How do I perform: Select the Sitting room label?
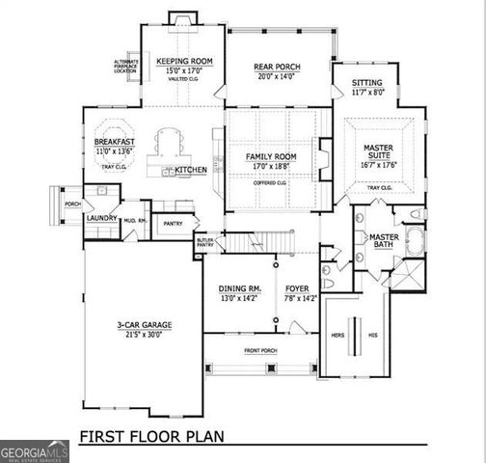(x=366, y=83)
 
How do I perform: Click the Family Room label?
(x=270, y=155)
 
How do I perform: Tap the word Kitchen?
(x=191, y=171)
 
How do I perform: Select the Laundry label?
(x=101, y=218)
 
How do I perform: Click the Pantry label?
(x=173, y=224)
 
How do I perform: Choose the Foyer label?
(x=296, y=288)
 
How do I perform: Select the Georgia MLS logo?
(x=35, y=451)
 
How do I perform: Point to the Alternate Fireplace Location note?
(x=126, y=67)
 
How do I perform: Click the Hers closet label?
(x=337, y=336)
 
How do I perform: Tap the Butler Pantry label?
(x=204, y=243)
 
